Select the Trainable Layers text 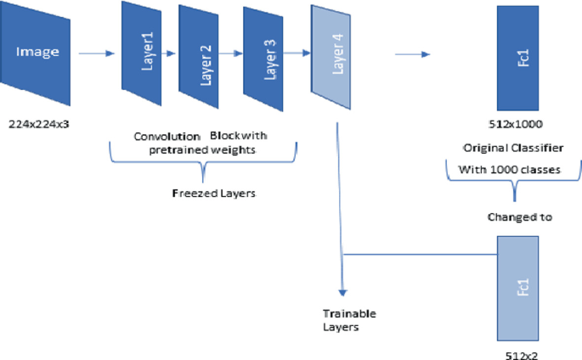[x=348, y=320]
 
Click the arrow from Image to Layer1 [x=96, y=54]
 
